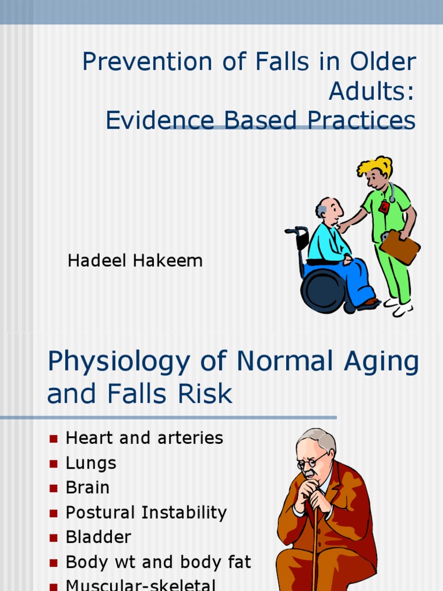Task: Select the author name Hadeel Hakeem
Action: pyautogui.click(x=135, y=261)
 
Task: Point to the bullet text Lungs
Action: pyautogui.click(x=91, y=463)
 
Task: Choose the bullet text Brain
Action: pyautogui.click(x=88, y=488)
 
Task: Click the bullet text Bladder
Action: pyautogui.click(x=99, y=537)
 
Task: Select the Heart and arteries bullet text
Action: pyautogui.click(x=144, y=438)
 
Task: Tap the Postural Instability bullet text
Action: pyautogui.click(x=147, y=513)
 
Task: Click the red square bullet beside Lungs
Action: pyautogui.click(x=54, y=463)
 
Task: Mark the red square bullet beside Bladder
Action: pyautogui.click(x=54, y=538)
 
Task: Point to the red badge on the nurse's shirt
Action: pyautogui.click(x=384, y=207)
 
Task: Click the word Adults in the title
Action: pyautogui.click(x=372, y=91)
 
